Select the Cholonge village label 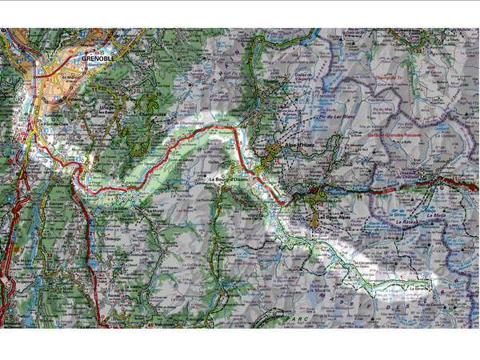(x=110, y=237)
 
